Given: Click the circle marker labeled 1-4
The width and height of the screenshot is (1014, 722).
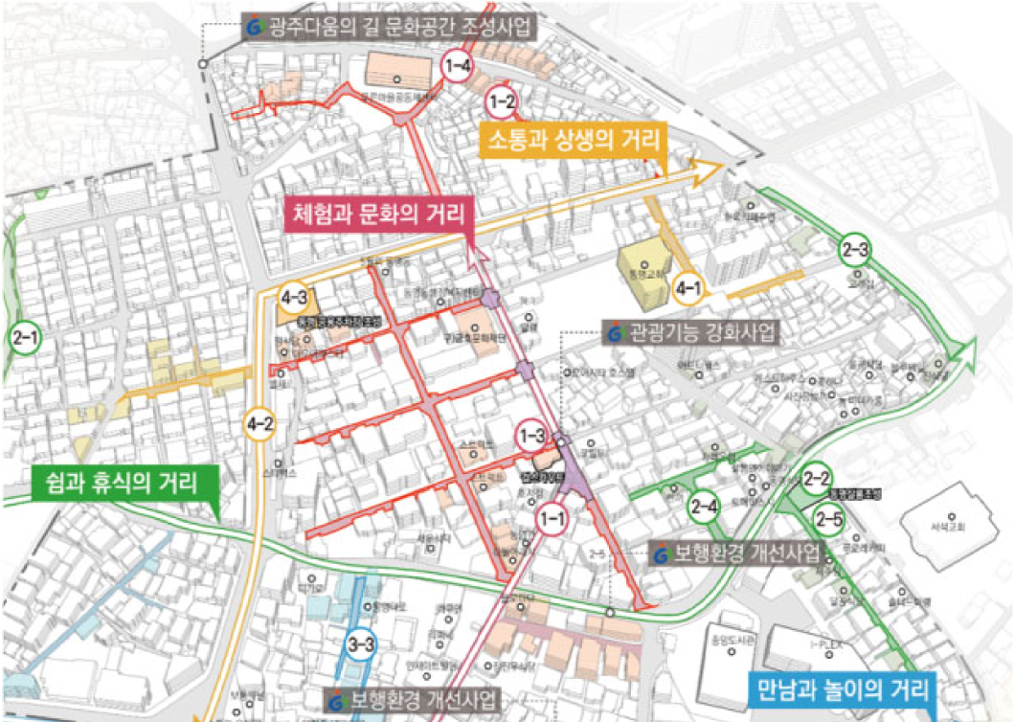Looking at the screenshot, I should [457, 66].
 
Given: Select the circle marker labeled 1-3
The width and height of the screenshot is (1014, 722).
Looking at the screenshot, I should [533, 436].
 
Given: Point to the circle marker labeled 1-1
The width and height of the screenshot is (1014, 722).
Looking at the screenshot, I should [552, 518].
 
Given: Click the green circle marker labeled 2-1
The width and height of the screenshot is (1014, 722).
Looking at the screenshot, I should [23, 337].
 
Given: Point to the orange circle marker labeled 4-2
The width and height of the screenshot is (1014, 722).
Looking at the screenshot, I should [259, 421].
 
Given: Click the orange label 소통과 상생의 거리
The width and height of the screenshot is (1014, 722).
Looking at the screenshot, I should [573, 142].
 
